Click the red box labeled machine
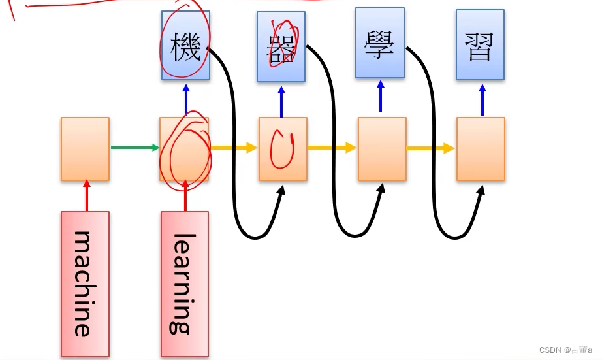click(85, 284)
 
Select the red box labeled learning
click(185, 284)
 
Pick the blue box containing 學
click(380, 43)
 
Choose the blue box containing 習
click(481, 45)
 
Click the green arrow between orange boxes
click(134, 148)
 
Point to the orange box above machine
click(85, 149)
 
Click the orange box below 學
click(382, 149)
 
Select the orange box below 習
click(481, 149)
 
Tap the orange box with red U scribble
click(283, 149)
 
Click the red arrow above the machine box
click(86, 195)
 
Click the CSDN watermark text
click(565, 350)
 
